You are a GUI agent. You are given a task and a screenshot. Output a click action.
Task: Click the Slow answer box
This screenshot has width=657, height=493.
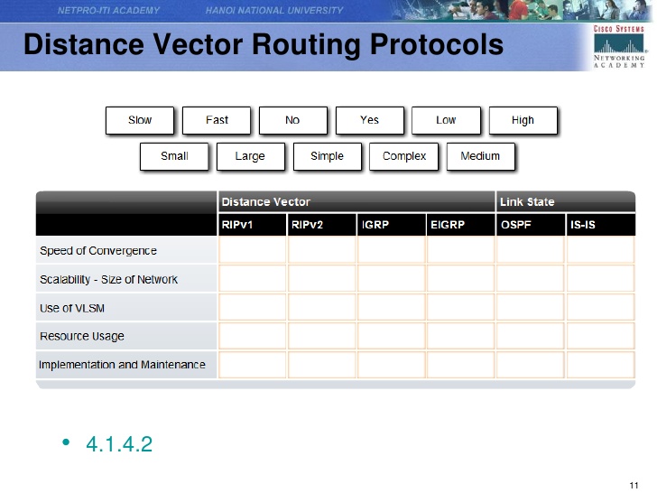point(140,120)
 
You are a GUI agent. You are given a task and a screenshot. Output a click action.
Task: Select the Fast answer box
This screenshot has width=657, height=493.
point(217,120)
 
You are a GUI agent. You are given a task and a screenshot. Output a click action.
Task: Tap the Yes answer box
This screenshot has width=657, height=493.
point(370,120)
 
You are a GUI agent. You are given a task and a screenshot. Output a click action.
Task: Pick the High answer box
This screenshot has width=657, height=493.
point(523,120)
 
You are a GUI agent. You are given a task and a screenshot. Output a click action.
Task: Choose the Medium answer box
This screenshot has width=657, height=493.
point(481,156)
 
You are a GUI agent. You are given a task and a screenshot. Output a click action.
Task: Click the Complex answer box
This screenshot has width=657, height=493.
point(404,156)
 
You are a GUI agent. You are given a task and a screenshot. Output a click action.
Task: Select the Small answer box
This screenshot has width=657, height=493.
point(174,156)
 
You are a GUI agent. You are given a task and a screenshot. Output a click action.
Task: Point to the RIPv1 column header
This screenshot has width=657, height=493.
point(253,225)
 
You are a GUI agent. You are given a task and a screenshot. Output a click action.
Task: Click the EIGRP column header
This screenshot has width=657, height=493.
point(460,225)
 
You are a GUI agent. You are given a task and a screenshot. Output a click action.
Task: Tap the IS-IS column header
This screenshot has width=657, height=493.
point(600,225)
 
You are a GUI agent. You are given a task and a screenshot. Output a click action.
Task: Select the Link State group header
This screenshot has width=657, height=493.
point(566,202)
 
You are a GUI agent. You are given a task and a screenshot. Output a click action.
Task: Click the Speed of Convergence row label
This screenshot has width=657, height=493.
point(98,251)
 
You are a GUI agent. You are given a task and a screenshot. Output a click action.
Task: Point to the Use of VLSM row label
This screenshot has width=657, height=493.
point(72,308)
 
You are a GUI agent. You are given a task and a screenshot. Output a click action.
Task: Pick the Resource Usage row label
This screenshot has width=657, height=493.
point(82,336)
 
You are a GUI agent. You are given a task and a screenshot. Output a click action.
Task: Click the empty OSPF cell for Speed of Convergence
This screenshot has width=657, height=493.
point(531,250)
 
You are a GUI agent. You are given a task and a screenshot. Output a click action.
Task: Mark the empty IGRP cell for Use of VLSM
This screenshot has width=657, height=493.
point(392,307)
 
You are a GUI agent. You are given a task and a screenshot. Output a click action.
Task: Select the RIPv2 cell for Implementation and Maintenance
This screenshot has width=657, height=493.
point(322,365)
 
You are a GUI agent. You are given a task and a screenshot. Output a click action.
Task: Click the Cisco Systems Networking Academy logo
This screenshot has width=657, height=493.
point(619,46)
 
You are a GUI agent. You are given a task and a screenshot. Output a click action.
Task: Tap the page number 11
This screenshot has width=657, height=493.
point(634,486)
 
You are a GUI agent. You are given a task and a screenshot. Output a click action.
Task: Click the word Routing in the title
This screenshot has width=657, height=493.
point(306,45)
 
